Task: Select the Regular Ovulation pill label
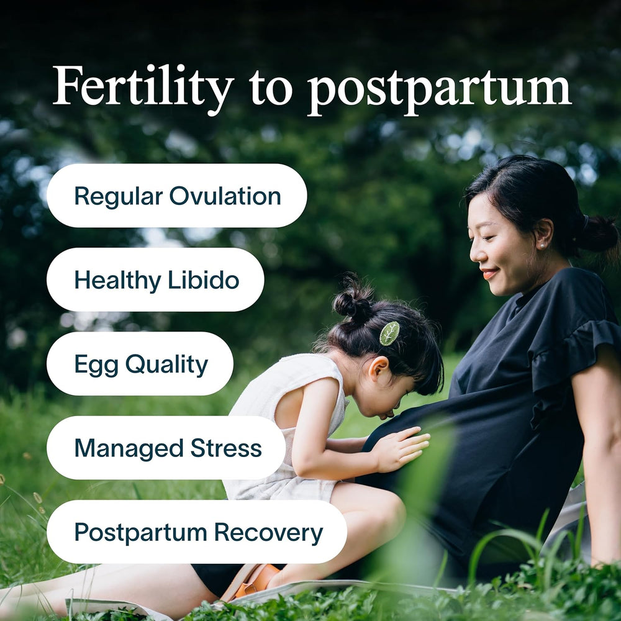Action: (177, 196)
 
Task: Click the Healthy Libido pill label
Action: (155, 279)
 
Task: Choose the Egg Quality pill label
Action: (140, 363)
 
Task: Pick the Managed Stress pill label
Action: (166, 448)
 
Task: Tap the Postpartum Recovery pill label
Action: (197, 532)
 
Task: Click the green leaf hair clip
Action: (389, 333)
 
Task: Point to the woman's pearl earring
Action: (540, 247)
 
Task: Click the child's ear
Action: (378, 369)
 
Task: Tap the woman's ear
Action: (543, 233)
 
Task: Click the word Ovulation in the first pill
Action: (225, 196)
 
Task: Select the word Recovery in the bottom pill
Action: (269, 532)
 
